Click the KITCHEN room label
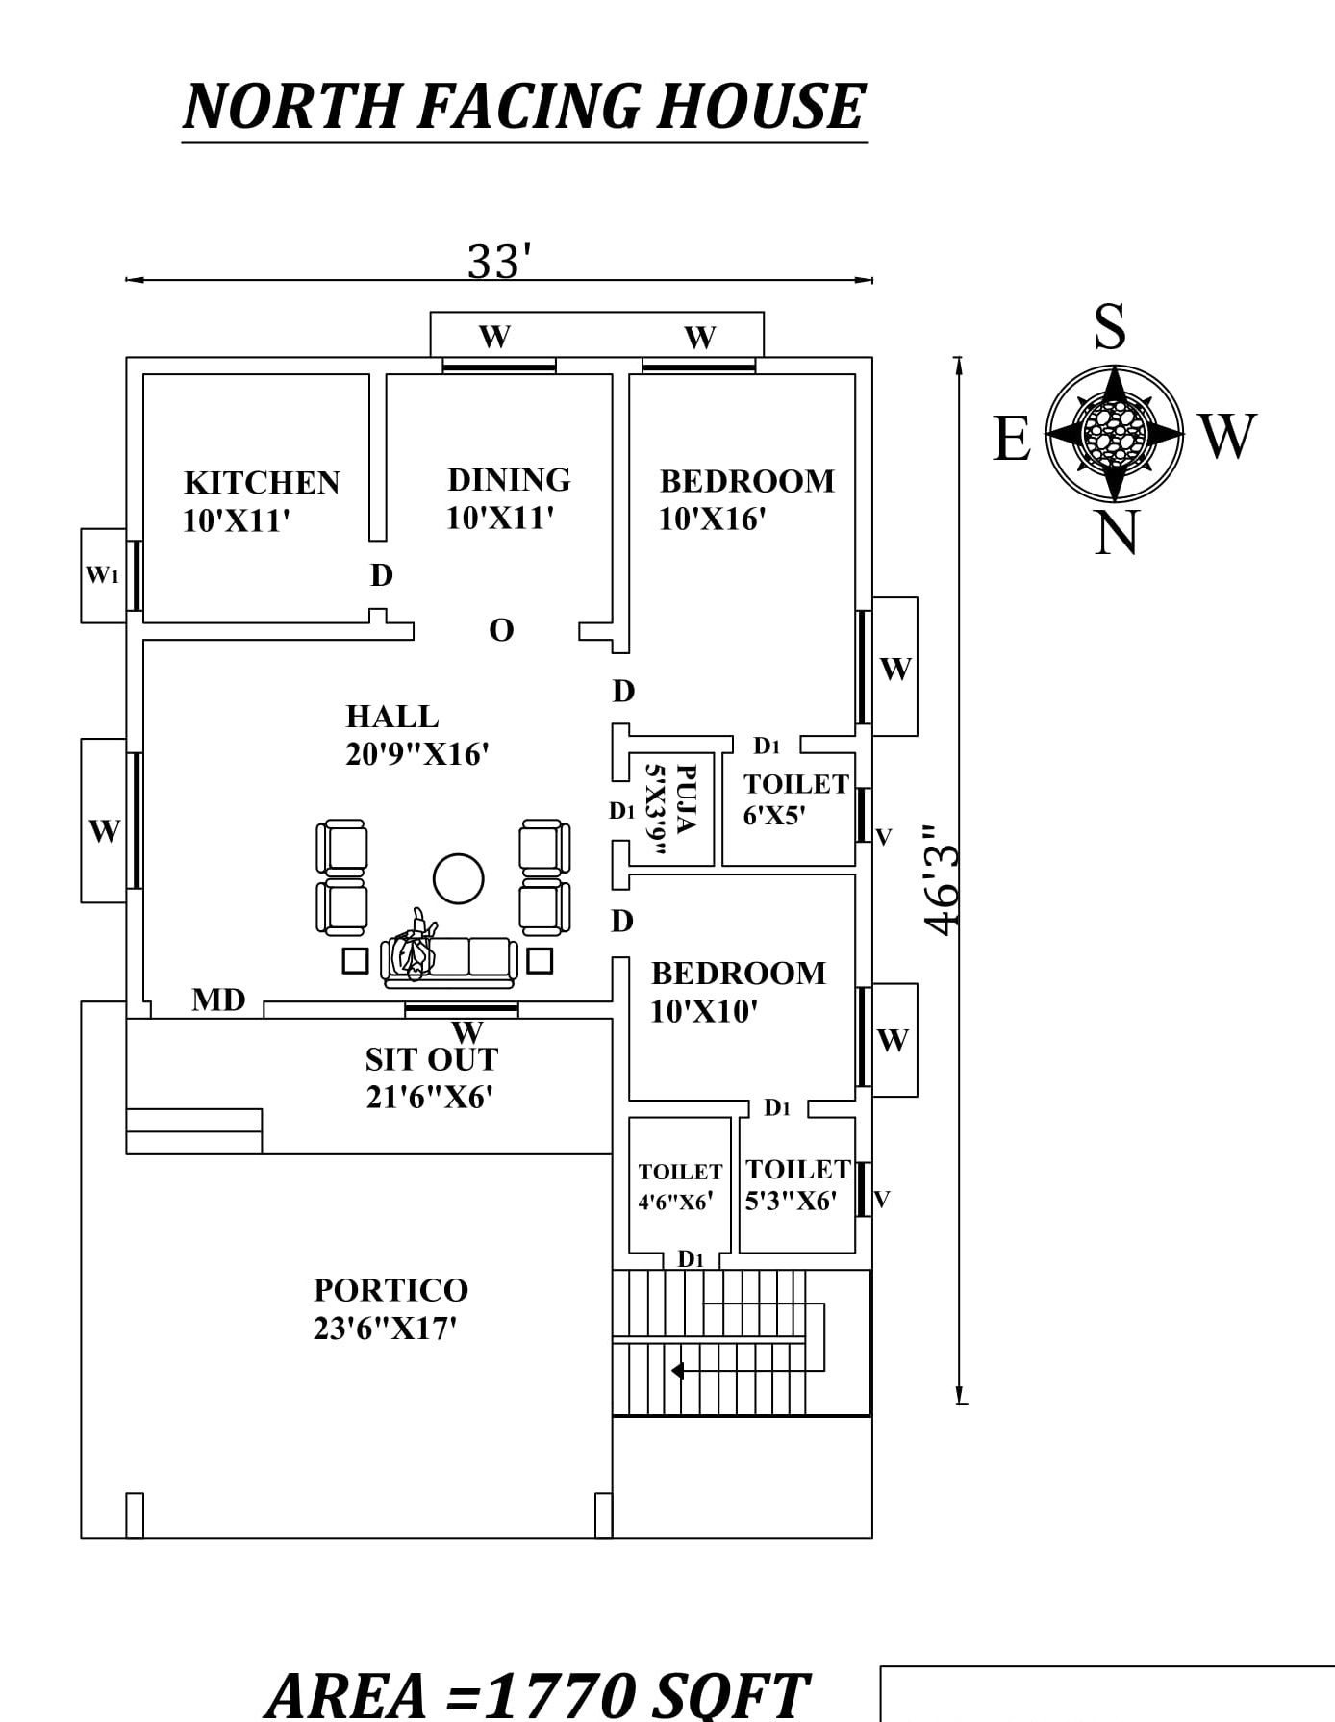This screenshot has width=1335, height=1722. pos(262,482)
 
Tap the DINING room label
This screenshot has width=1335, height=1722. pos(509,479)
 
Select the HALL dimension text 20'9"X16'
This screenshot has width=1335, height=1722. pos(417,754)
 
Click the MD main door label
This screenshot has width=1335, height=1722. pos(218,1000)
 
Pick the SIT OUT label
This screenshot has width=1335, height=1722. pos(432,1059)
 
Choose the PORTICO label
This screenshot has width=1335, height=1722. pos(390,1289)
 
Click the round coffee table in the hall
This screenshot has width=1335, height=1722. pos(459,878)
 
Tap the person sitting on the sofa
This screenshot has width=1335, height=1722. pos(416,946)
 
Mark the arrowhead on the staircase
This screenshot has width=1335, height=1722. pos(677,1370)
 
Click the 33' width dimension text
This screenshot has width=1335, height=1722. pos(500,261)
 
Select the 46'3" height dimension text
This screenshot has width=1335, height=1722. pos(942,877)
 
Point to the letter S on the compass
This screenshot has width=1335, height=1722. pos(1110,327)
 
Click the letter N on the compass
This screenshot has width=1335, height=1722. pos(1116,532)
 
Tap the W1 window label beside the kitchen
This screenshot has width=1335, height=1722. pos(102,575)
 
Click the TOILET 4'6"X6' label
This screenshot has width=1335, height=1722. pos(679,1186)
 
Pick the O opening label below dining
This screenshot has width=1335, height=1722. pos(501,630)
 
